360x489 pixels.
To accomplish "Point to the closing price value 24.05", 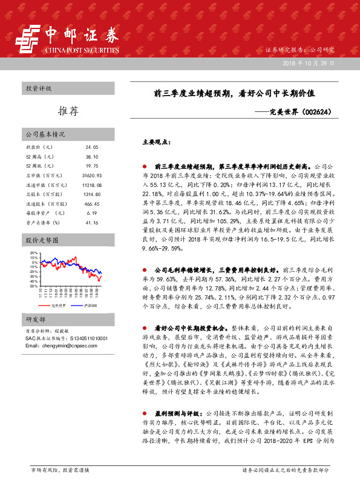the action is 92,147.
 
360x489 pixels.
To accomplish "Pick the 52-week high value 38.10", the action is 92,156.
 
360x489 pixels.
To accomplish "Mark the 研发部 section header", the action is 35,319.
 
